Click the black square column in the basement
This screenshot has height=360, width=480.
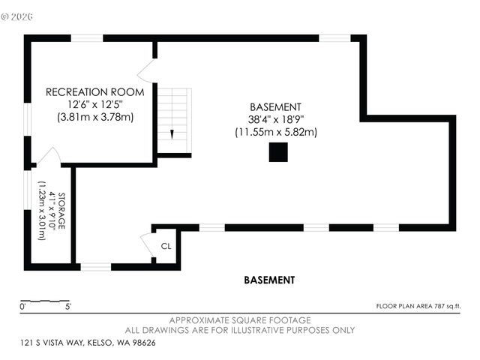pos(278,152)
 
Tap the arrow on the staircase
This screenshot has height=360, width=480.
pos(172,134)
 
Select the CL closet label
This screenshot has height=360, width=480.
pos(166,246)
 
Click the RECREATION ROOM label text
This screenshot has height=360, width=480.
pos(95,91)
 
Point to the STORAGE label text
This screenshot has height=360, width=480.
pos(61,211)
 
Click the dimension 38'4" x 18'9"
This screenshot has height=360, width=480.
pos(276,119)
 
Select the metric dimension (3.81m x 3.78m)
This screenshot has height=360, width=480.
pos(95,117)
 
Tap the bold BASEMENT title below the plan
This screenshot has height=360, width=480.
pos(269,280)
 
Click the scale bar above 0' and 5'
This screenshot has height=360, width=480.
pos(45,301)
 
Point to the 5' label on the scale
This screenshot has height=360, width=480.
pos(68,307)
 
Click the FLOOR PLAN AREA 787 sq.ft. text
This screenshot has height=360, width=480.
pos(418,306)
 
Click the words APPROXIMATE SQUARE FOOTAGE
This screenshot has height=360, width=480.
pos(240,320)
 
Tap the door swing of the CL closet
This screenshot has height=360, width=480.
pos(146,243)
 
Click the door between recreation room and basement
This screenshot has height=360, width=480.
pos(146,71)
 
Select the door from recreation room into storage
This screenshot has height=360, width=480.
pos(49,157)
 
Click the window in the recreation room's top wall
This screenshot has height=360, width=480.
pos(87,38)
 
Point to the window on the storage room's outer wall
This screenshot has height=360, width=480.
pos(28,190)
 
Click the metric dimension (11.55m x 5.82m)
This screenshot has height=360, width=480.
pos(276,132)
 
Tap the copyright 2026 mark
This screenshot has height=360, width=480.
pos(16,16)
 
